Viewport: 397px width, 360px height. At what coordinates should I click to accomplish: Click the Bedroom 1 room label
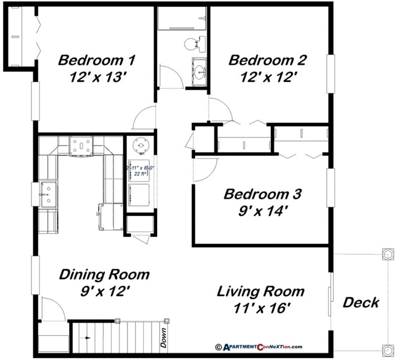pyautogui.click(x=96, y=61)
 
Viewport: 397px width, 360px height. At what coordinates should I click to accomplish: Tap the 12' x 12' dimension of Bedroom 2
pyautogui.click(x=267, y=77)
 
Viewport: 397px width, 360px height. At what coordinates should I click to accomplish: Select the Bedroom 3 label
pyautogui.click(x=263, y=194)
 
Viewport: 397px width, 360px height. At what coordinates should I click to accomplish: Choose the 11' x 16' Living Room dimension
pyautogui.click(x=261, y=308)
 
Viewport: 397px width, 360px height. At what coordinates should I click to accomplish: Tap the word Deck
pyautogui.click(x=361, y=302)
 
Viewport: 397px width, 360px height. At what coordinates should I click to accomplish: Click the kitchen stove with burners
pyautogui.click(x=81, y=146)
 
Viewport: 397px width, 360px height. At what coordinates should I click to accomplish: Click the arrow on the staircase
pyautogui.click(x=88, y=338)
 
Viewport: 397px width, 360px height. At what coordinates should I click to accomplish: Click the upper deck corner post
pyautogui.click(x=387, y=255)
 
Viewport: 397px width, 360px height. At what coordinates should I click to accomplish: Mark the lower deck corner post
pyautogui.click(x=387, y=350)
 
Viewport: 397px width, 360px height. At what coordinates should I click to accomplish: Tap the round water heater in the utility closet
pyautogui.click(x=138, y=146)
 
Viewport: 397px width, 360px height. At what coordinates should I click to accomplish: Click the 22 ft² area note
pyautogui.click(x=139, y=174)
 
